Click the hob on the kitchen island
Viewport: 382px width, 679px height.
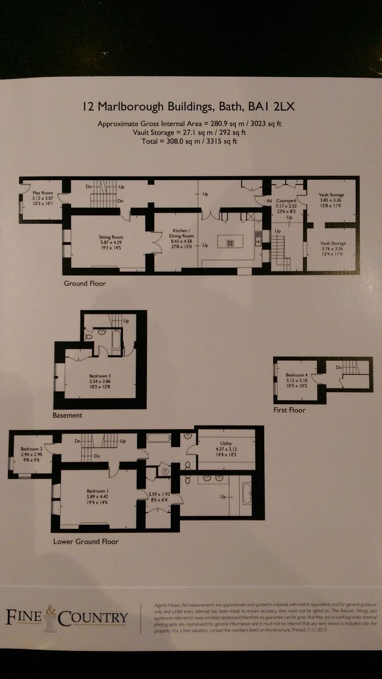coord(230,242)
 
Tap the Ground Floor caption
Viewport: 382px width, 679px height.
coord(85,284)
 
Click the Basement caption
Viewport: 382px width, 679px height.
coord(67,415)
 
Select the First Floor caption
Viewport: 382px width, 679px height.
coord(289,410)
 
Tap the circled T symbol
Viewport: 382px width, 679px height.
coord(166,471)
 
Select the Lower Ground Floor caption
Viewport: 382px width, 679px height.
coord(86,541)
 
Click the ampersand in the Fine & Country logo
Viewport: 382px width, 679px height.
coord(51,609)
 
